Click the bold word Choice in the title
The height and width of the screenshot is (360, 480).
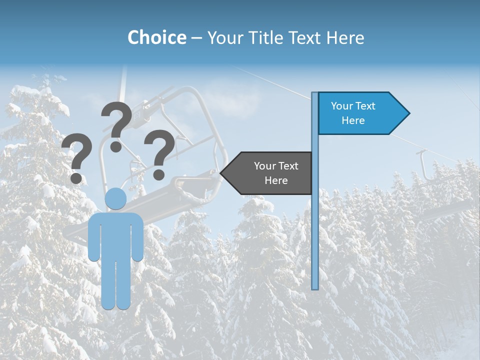pyautogui.click(x=156, y=37)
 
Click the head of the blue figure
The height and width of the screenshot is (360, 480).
pyautogui.click(x=115, y=199)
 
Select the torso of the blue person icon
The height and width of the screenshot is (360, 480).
pyautogui.click(x=115, y=235)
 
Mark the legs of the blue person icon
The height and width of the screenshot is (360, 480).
pyautogui.click(x=116, y=285)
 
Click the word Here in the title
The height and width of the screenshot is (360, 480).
pyautogui.click(x=345, y=37)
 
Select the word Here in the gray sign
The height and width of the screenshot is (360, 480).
pyautogui.click(x=276, y=180)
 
